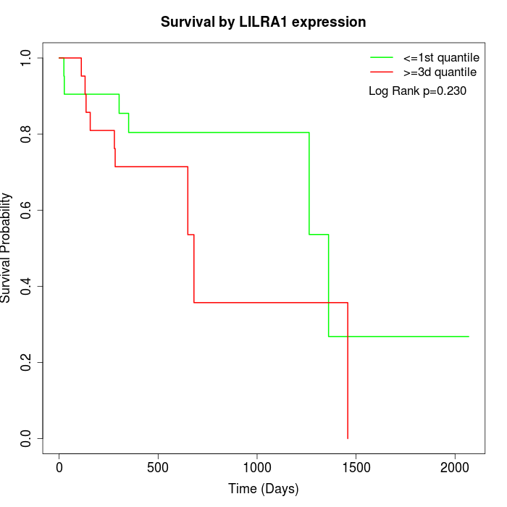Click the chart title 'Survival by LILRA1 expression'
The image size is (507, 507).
[263, 22]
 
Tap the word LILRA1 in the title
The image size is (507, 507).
[269, 22]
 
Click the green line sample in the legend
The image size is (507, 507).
[381, 57]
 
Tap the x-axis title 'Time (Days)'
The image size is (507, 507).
[263, 489]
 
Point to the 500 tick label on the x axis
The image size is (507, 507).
[158, 467]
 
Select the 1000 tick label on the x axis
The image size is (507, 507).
[257, 467]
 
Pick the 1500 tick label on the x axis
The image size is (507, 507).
[356, 467]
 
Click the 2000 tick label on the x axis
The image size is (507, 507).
[455, 467]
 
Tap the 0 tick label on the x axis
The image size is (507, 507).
[59, 467]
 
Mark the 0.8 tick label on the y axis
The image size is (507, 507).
[27, 134]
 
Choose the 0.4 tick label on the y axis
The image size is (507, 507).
[27, 286]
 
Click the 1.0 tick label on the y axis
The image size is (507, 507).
[27, 58]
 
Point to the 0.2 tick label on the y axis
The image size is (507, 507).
[27, 362]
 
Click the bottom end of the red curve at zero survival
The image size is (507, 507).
[348, 437]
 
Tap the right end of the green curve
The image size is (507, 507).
[469, 336]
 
